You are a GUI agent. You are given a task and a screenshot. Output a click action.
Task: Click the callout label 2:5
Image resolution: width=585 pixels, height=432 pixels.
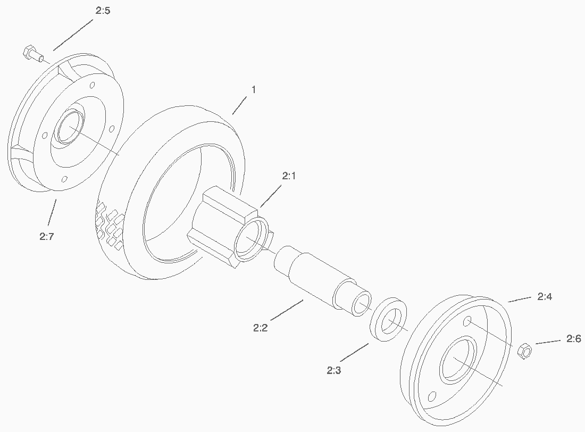tap(103, 11)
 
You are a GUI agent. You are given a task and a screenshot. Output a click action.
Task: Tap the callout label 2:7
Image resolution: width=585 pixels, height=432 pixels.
tap(47, 236)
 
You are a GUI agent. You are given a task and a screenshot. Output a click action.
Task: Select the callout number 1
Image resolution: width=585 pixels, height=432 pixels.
tap(254, 90)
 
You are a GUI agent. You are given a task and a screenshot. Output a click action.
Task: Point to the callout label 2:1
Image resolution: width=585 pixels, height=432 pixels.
tap(289, 176)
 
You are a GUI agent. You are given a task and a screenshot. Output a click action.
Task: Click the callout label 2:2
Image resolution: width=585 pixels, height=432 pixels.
tap(261, 328)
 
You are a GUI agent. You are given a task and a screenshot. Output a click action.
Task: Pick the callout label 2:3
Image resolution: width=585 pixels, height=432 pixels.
tap(334, 370)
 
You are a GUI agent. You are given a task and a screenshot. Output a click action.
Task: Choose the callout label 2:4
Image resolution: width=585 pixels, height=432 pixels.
tap(545, 296)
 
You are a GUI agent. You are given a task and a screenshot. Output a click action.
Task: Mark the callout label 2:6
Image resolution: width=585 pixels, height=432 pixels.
tap(574, 339)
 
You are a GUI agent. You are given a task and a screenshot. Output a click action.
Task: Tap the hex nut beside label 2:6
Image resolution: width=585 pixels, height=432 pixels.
tap(524, 351)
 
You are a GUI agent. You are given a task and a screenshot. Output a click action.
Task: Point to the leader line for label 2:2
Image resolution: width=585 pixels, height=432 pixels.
tap(287, 310)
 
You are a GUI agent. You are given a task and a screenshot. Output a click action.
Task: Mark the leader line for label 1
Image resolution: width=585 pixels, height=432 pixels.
tap(239, 105)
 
